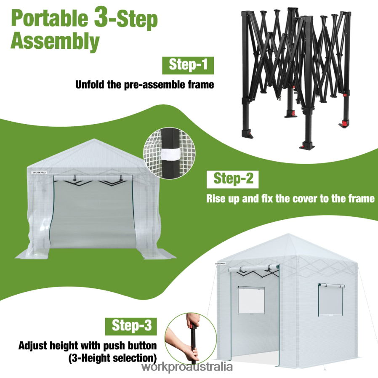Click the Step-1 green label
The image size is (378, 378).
tap(188, 65)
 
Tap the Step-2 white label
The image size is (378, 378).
tap(233, 178)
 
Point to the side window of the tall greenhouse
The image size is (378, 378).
tap(330, 300)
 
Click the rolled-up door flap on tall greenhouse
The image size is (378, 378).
tap(255, 269)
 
